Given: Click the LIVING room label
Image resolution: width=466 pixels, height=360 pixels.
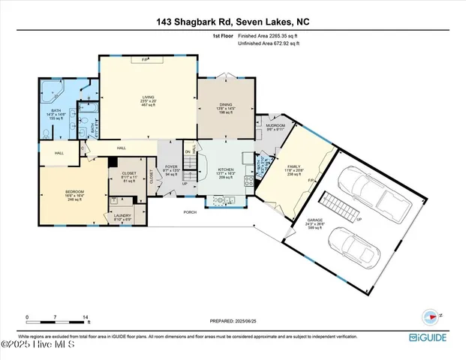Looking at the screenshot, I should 148,97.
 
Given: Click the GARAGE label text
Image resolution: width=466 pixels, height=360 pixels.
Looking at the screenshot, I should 315,221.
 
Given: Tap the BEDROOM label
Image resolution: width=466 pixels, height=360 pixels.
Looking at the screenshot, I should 74,193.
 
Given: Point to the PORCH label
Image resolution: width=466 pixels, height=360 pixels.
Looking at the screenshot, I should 191,212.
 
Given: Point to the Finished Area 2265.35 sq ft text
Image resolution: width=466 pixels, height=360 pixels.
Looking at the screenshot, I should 269,36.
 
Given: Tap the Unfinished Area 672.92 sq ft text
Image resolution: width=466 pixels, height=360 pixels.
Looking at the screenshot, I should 269,43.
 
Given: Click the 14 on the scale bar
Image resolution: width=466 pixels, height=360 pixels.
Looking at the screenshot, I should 87,317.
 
